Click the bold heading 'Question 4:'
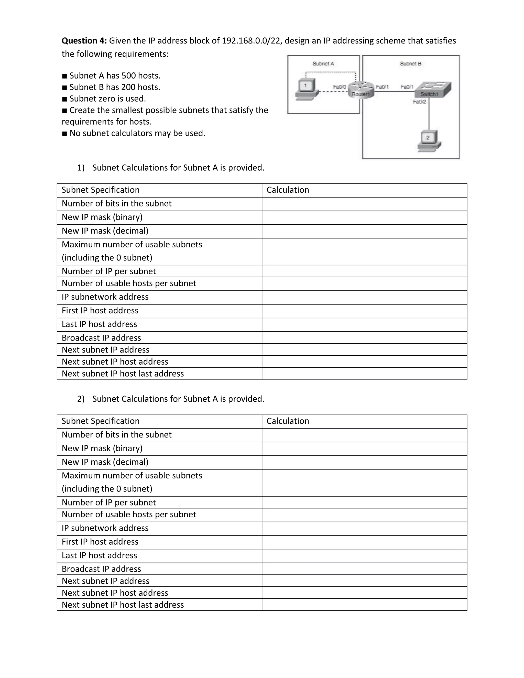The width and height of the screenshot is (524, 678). click(x=84, y=41)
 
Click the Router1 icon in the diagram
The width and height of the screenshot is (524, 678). click(x=361, y=90)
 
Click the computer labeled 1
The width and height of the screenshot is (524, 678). click(x=307, y=89)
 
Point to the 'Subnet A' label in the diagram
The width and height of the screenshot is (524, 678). click(x=323, y=64)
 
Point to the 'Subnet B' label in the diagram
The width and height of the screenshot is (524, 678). click(x=410, y=64)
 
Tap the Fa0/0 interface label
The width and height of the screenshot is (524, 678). click(x=339, y=87)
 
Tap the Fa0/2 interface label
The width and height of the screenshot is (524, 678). click(x=419, y=102)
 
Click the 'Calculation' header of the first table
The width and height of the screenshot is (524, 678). click(x=288, y=190)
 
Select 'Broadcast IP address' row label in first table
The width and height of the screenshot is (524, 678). click(x=101, y=338)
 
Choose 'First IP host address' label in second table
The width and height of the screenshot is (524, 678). click(x=100, y=542)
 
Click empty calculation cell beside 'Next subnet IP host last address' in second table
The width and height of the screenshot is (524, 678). click(x=364, y=605)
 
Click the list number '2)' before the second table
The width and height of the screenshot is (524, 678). click(x=81, y=399)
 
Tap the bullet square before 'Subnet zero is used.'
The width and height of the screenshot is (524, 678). click(x=64, y=99)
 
